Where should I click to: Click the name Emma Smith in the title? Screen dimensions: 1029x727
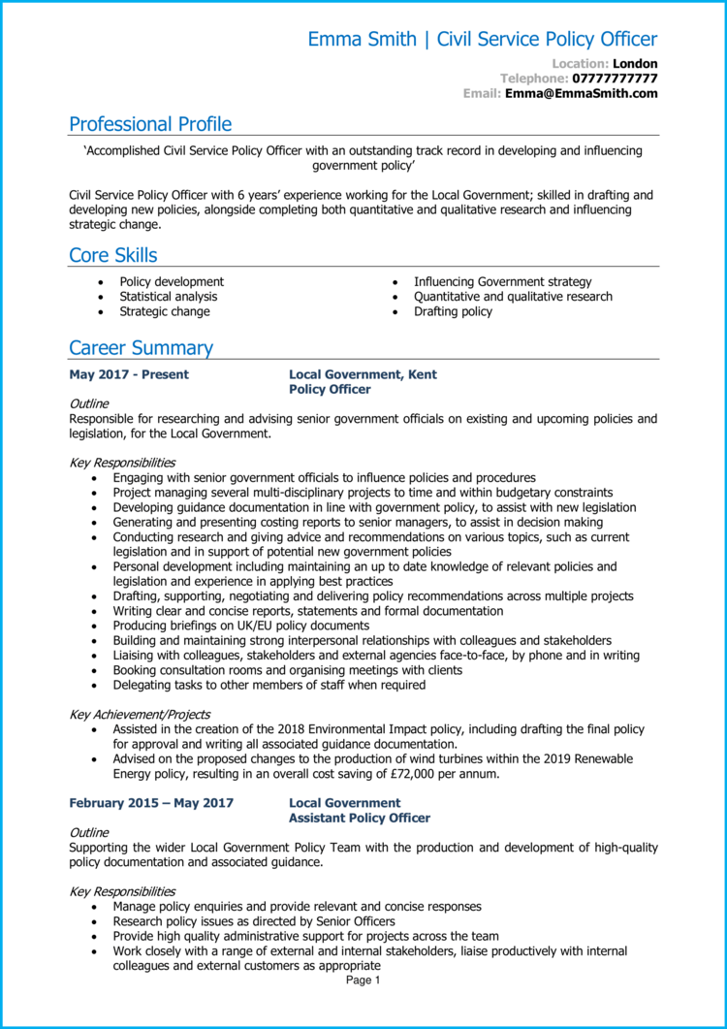click(x=360, y=40)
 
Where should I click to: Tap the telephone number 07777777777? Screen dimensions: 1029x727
click(x=615, y=79)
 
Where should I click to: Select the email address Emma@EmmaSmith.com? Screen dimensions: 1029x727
click(x=581, y=94)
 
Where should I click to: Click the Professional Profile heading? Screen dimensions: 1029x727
click(x=150, y=124)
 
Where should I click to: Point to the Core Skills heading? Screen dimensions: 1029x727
click(x=112, y=255)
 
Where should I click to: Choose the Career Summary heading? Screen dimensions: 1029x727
click(x=141, y=348)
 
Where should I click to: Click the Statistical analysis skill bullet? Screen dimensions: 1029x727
click(x=168, y=297)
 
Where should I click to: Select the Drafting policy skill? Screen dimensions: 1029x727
click(x=453, y=312)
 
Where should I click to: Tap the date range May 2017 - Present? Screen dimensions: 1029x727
click(x=129, y=374)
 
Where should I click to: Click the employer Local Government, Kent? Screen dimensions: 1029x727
click(x=363, y=374)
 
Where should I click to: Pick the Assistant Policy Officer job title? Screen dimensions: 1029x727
click(x=360, y=819)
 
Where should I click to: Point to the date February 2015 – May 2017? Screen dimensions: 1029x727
click(x=150, y=803)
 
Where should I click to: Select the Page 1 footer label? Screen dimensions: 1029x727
click(x=363, y=981)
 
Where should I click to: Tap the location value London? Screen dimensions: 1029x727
click(x=636, y=63)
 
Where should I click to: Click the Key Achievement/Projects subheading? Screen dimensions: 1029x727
click(x=140, y=715)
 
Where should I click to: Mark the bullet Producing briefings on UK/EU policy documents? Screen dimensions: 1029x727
click(x=240, y=627)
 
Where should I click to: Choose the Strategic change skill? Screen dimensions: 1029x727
click(x=164, y=312)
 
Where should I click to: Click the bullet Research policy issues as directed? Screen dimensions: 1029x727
click(x=253, y=921)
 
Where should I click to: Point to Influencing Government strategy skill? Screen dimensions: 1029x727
click(x=502, y=282)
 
